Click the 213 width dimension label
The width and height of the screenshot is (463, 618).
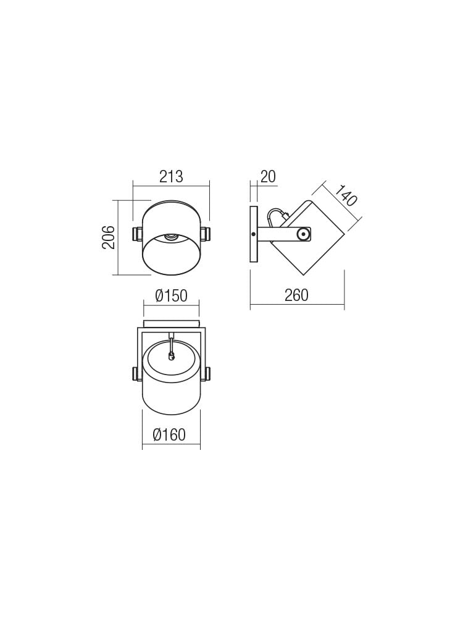pos(171,177)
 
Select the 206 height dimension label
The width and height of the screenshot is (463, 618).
pos(109,237)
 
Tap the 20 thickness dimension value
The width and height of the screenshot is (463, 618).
pos(267,177)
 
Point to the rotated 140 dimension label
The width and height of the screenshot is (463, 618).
pos(347,195)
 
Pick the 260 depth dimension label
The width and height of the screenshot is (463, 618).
pos(296,295)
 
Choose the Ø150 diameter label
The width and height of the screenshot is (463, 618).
pos(171,296)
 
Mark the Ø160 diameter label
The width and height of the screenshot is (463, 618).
pos(169,435)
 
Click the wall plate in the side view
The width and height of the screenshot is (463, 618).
pos(253,235)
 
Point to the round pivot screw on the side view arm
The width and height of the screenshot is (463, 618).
pos(302,234)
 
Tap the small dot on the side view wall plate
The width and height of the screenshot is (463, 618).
pos(253,234)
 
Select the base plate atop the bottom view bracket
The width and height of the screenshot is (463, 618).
pos(171,324)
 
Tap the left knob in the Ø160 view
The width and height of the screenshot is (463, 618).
pos(136,374)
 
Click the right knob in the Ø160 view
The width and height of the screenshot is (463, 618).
pos(207,374)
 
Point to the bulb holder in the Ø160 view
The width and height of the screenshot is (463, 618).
pos(172,355)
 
